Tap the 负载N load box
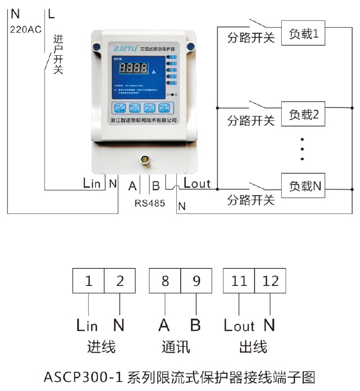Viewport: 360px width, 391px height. click(x=305, y=186)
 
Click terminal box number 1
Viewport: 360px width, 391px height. click(x=88, y=281)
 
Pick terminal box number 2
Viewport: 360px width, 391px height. click(x=120, y=281)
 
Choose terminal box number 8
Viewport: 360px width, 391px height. click(x=165, y=281)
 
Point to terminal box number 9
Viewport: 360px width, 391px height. click(x=196, y=281)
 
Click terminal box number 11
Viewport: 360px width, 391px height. click(x=239, y=281)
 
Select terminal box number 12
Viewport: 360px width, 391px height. click(x=271, y=281)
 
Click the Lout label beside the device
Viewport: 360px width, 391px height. click(x=197, y=184)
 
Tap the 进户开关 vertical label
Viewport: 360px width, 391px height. click(x=58, y=54)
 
